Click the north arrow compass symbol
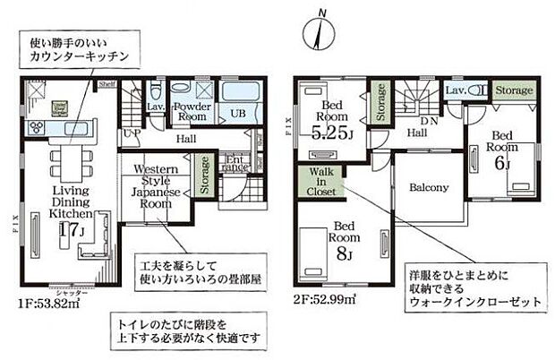[x=319, y=32]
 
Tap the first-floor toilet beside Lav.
[x=155, y=93]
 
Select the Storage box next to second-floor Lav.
[x=514, y=90]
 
